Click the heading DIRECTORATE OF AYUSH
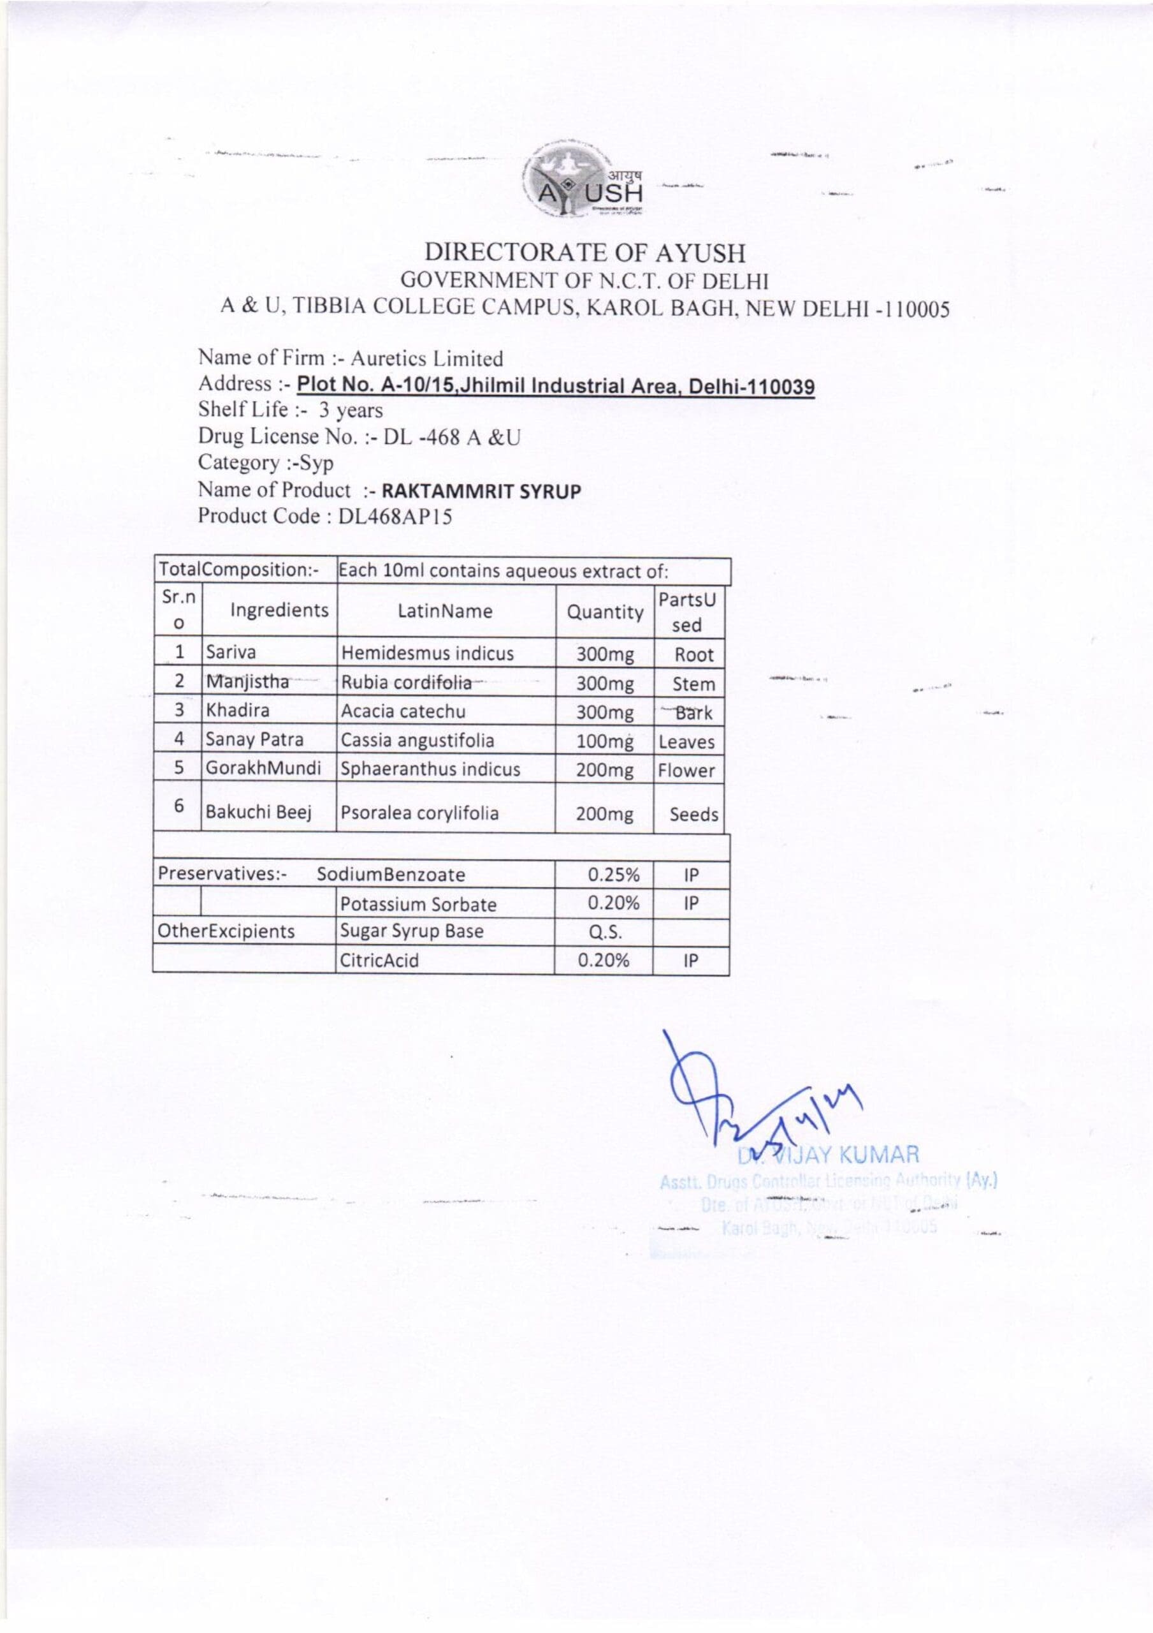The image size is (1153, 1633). (585, 253)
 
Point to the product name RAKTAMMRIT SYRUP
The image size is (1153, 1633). (481, 491)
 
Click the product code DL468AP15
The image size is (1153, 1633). (395, 516)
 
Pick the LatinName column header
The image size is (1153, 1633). (445, 611)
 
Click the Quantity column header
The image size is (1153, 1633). (605, 612)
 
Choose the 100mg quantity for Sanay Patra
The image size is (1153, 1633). (604, 741)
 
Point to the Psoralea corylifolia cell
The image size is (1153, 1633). (420, 813)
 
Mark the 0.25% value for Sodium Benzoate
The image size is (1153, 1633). (613, 874)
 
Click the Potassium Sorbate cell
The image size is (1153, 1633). (418, 904)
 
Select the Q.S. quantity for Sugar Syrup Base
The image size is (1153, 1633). (605, 932)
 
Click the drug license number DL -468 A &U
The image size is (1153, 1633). (452, 438)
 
